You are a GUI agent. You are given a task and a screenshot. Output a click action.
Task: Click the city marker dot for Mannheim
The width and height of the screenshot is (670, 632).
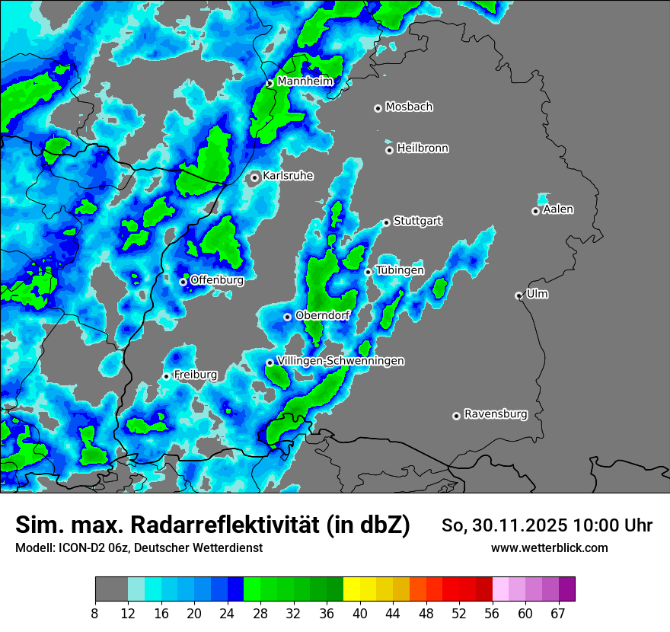click(270, 83)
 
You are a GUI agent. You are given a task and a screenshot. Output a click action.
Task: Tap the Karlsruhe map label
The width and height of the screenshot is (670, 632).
click(288, 176)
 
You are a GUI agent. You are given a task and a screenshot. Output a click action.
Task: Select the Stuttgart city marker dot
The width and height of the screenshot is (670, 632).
click(386, 222)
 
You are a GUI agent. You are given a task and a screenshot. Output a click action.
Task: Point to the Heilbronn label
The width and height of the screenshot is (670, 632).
click(423, 148)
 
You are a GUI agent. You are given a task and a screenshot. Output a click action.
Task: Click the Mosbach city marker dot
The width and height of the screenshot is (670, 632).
click(378, 108)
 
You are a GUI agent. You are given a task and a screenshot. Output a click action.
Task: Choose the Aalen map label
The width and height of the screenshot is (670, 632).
click(558, 209)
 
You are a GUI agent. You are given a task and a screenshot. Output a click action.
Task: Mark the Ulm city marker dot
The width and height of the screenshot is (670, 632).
click(518, 295)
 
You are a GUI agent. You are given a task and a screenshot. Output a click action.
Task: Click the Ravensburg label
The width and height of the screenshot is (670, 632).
click(496, 414)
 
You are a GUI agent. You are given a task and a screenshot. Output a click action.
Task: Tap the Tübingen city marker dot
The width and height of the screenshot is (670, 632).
click(368, 272)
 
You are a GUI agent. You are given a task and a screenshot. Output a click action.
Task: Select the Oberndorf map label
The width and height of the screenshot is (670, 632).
click(322, 315)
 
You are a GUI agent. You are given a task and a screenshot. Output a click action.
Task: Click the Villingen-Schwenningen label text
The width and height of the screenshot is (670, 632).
click(340, 361)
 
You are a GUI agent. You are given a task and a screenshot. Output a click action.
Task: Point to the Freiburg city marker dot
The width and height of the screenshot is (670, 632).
click(166, 376)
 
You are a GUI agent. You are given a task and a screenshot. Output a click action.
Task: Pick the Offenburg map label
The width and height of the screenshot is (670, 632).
click(217, 280)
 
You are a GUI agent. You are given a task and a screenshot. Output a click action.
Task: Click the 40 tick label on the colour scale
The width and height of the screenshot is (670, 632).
click(360, 613)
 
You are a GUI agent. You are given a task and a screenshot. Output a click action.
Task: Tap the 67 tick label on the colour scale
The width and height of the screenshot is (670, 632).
click(558, 613)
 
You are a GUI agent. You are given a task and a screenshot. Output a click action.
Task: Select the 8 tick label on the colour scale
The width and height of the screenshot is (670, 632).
click(95, 613)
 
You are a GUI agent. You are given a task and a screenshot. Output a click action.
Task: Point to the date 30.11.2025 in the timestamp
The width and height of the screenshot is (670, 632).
click(519, 525)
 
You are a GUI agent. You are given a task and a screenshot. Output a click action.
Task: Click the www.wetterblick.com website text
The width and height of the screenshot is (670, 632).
click(549, 547)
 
